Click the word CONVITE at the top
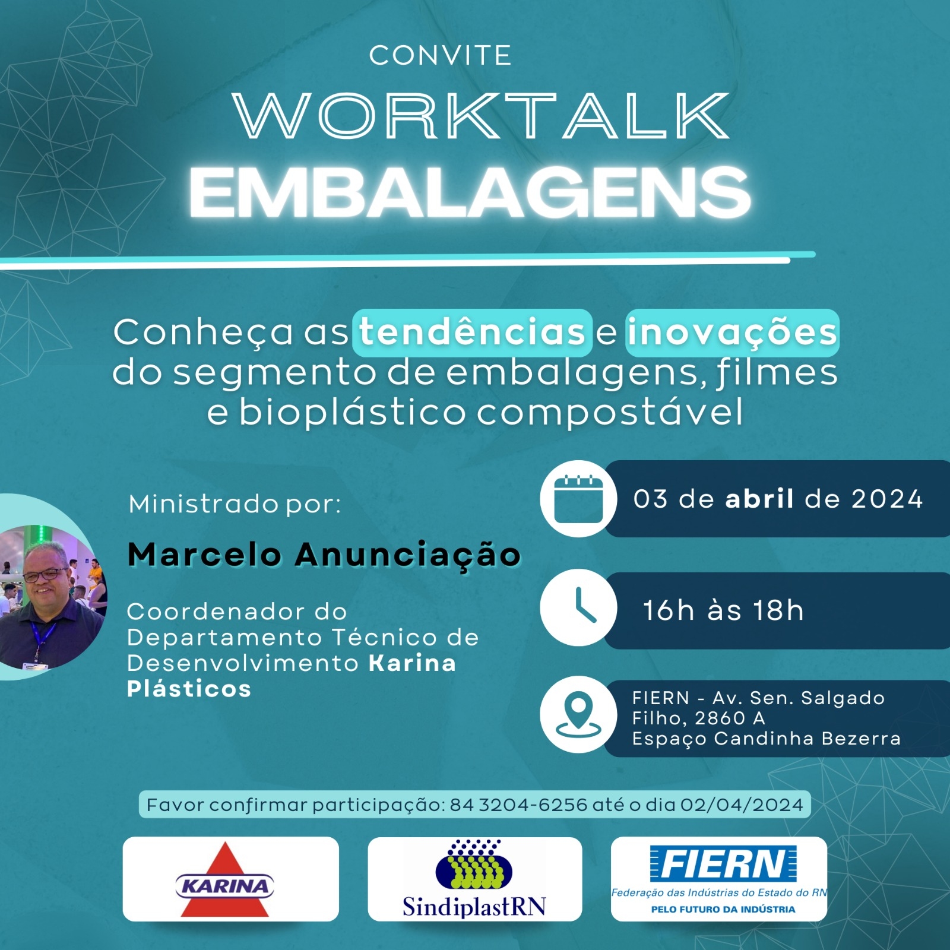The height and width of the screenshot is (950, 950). point(440,56)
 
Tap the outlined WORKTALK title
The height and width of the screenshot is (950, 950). point(482,116)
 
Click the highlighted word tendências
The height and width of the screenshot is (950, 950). point(473,332)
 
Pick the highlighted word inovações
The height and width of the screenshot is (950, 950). point(732,332)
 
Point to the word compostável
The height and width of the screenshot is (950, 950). point(610,412)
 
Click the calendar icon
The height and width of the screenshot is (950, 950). point(578,499)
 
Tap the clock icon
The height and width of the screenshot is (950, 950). point(578,607)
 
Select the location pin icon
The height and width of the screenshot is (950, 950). point(578,715)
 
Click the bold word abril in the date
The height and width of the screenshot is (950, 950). point(759,499)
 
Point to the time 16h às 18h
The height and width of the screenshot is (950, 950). point(723,610)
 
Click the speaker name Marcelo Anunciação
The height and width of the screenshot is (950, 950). point(324,555)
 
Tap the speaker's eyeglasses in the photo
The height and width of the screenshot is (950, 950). point(46,575)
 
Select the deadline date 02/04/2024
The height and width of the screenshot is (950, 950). point(742,805)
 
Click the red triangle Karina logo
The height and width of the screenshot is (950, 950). point(225,880)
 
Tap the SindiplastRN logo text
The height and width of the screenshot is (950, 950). point(474,907)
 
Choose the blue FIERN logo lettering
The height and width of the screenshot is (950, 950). point(723,863)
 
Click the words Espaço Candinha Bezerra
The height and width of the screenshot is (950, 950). point(767,739)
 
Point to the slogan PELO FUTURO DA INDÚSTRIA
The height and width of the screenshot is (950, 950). point(723,909)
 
